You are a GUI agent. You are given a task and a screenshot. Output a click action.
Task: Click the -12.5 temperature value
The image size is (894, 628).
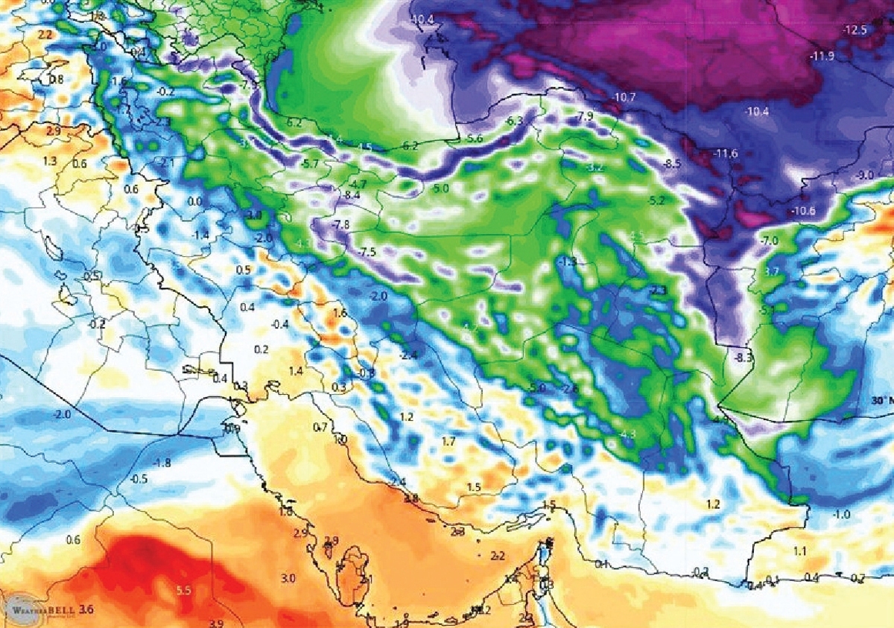[855, 31]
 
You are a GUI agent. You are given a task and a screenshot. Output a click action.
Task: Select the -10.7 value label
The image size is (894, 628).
[623, 98]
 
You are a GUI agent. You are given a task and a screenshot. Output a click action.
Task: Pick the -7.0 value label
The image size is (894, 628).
[768, 241]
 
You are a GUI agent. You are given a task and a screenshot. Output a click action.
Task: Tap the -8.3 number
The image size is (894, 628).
[744, 358]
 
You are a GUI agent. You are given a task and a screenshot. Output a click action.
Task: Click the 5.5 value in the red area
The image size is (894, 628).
[184, 590]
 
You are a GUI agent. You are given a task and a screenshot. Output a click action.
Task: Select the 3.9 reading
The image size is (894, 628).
[217, 623]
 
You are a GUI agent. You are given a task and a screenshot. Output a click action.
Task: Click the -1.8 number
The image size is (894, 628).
[161, 463]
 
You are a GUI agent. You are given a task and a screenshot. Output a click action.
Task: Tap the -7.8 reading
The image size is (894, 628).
[340, 224]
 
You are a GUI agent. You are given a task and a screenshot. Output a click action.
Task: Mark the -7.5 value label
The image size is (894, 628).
[367, 252]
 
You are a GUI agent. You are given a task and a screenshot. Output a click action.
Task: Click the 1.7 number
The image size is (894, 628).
[448, 442]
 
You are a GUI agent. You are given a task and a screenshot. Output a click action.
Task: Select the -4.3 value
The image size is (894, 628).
[627, 434]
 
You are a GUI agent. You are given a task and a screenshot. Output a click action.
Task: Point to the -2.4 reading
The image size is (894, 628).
[410, 354]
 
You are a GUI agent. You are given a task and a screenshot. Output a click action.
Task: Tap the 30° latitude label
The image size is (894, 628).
[881, 400]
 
